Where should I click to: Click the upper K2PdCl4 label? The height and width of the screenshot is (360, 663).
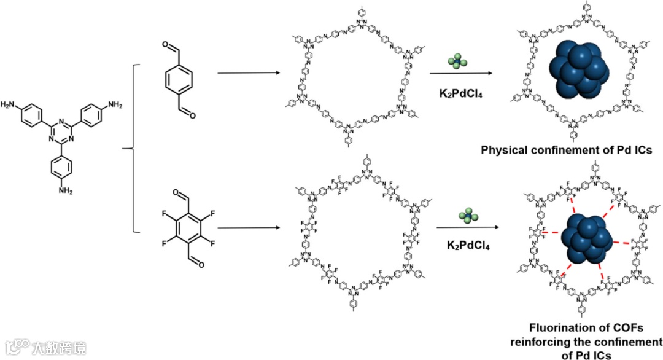coord(460,94)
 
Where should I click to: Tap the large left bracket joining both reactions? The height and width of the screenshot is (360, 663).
coord(133,148)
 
